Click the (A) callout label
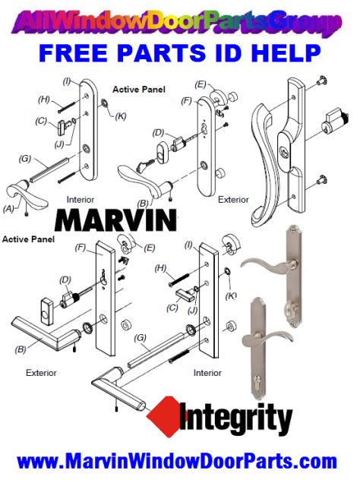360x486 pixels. (x=9, y=207)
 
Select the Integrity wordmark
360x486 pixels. (x=235, y=419)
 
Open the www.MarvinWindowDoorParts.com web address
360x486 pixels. (x=176, y=462)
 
